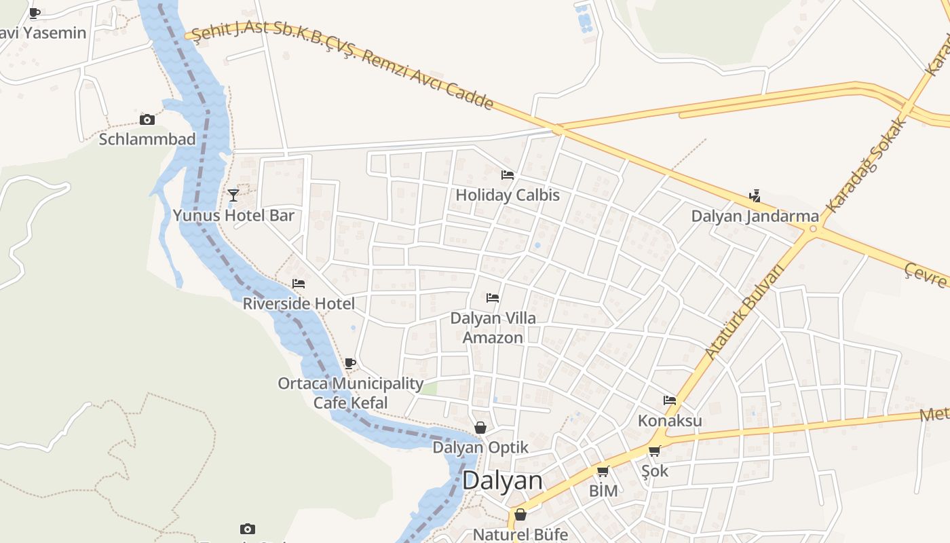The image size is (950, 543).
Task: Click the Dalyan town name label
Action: (x=502, y=481)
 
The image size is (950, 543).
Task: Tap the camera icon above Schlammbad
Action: (x=147, y=120)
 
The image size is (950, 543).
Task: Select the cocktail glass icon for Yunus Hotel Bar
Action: (x=233, y=195)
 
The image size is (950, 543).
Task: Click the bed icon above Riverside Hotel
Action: (x=299, y=284)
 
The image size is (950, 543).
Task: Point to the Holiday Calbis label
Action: (x=508, y=195)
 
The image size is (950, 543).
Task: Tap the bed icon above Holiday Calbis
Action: (x=508, y=175)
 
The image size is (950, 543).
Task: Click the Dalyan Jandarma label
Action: (x=755, y=216)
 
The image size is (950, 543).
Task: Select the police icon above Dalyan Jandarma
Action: (x=755, y=196)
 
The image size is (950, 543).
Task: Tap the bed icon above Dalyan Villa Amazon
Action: (x=493, y=298)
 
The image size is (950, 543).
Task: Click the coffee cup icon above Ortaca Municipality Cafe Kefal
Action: (x=350, y=364)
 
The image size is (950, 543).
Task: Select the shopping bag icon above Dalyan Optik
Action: (x=480, y=428)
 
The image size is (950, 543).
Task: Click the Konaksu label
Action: (x=670, y=421)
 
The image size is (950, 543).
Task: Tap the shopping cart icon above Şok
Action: (x=655, y=451)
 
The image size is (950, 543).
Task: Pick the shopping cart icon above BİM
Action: (x=603, y=471)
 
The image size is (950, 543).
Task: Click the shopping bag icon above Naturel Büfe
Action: (x=520, y=514)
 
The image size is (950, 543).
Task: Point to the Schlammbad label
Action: (x=147, y=139)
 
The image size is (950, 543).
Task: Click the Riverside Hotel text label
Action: (x=299, y=303)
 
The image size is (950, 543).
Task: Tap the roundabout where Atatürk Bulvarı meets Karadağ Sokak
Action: (x=814, y=229)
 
